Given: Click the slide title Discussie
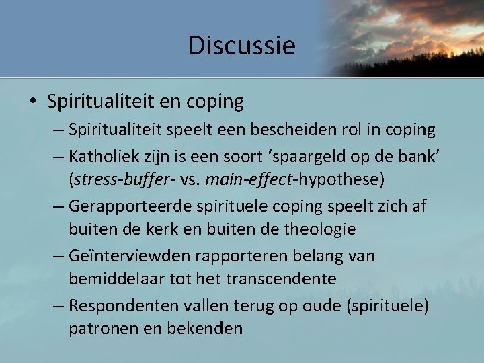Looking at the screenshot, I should (241, 46).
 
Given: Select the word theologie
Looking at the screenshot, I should (317, 229).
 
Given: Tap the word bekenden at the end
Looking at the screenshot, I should (210, 329).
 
